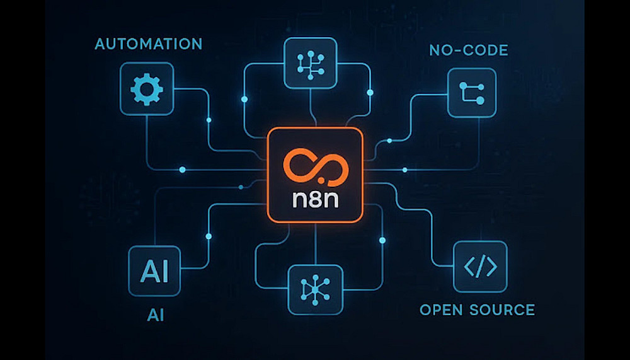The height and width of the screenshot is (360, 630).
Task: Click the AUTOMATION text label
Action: coord(149,45)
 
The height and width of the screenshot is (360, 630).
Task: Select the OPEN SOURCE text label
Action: coord(477,310)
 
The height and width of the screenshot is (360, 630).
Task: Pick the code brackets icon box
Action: coord(480,267)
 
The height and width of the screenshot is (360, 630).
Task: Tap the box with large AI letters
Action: coord(154,272)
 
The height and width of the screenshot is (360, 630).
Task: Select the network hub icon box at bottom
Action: coord(315,289)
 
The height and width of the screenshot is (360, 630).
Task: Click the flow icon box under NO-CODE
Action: coord(471,93)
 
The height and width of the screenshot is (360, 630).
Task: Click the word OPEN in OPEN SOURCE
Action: coord(438,310)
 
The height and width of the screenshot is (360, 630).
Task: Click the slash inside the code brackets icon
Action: coord(480,267)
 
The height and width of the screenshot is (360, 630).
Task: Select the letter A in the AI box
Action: coord(147,272)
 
